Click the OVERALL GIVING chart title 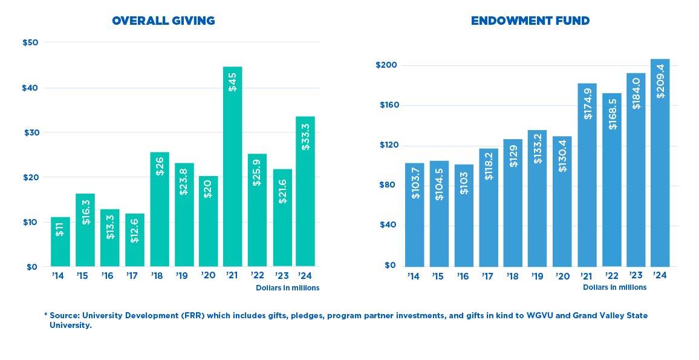click(x=163, y=21)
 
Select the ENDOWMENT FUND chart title click(x=530, y=21)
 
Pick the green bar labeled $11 click(x=60, y=242)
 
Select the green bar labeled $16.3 click(x=85, y=230)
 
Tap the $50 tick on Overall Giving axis click(x=31, y=42)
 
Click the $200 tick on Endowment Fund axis click(x=385, y=65)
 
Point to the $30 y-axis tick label click(x=31, y=133)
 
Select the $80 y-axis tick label click(x=388, y=185)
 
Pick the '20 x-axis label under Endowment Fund click(x=562, y=276)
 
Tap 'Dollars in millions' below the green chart click(x=287, y=288)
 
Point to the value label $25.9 click(x=257, y=172)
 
